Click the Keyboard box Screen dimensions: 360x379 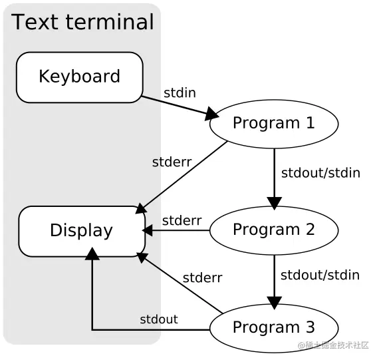pos(79,77)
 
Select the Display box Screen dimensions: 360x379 pos(81,231)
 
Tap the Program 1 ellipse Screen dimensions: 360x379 pos(273,123)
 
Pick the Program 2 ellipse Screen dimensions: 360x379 pos(273,230)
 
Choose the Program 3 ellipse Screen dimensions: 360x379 pos(273,327)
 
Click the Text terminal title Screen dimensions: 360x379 pos(82,22)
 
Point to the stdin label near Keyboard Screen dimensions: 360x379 pos(180,92)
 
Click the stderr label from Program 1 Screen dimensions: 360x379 pos(172,162)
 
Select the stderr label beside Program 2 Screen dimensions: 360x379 pos(182,220)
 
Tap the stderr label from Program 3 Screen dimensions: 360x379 pos(202,277)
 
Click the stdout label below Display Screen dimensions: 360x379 pos(159,319)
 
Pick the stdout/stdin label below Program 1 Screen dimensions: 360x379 pos(320,173)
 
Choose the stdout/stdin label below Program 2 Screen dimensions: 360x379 pos(320,275)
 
